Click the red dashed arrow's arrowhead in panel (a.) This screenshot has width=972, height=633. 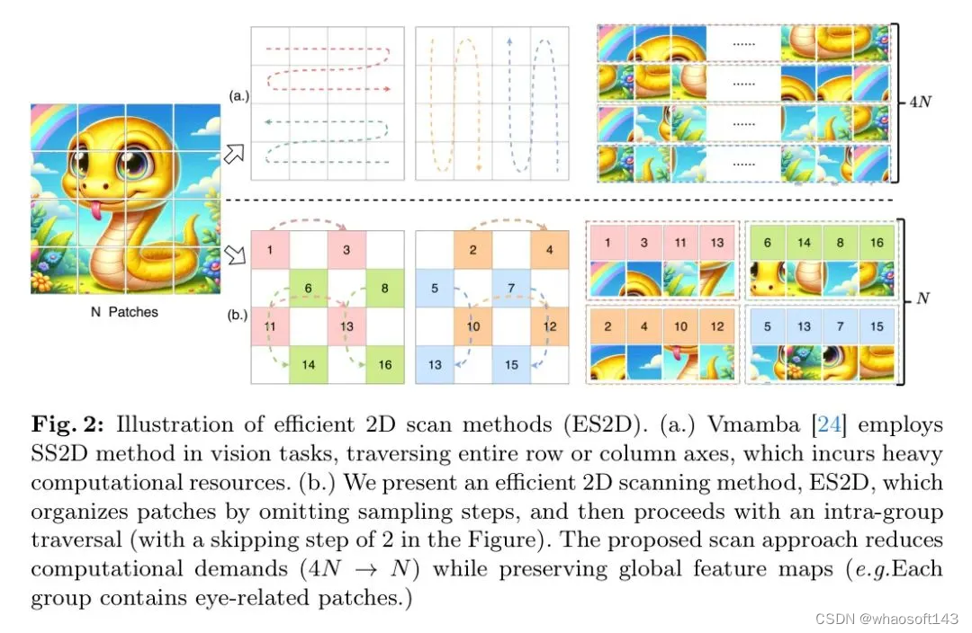pyautogui.click(x=387, y=89)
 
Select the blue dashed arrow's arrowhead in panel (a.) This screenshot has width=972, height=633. pyautogui.click(x=510, y=39)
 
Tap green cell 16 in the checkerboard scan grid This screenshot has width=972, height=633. pyautogui.click(x=385, y=363)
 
